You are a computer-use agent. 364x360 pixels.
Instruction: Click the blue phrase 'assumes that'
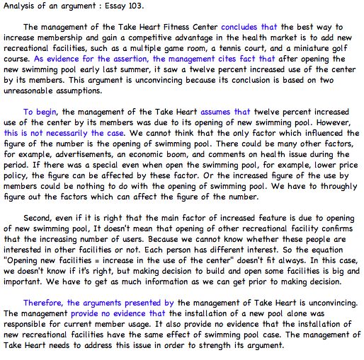point(225,112)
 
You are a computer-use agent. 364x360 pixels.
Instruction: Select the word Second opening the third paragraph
point(40,219)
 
